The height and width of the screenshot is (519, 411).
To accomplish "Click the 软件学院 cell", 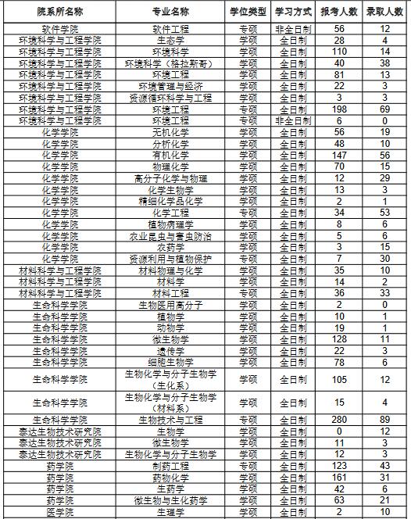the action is point(59,29).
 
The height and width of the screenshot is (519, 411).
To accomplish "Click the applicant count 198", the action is point(339,109).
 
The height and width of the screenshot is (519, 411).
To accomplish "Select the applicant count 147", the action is point(339,156).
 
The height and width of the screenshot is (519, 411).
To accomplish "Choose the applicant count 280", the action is point(339,420).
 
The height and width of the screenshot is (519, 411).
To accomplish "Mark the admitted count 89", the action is point(384,420).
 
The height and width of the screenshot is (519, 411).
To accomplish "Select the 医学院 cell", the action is point(59,512).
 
